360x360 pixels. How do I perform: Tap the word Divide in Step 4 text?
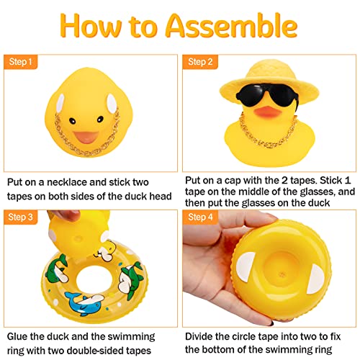pyautogui.click(x=202, y=336)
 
